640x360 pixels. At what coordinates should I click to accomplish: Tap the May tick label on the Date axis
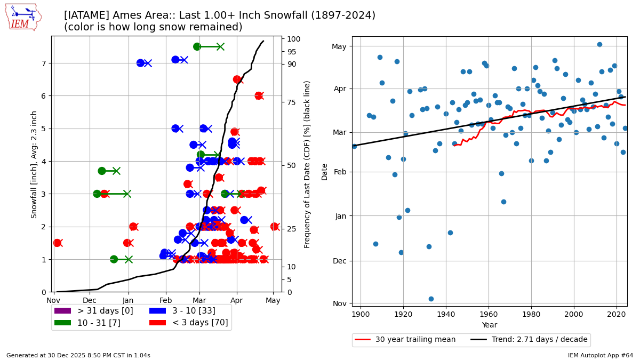339,46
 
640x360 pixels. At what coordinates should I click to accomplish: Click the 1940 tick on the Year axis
446,314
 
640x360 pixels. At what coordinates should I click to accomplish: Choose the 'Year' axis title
489,325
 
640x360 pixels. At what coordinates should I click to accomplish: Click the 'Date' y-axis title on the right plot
325,171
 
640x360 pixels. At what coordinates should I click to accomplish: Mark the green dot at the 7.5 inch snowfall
197,46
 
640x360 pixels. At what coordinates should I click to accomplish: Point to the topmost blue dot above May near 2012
599,44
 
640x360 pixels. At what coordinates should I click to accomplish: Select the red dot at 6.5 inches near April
237,79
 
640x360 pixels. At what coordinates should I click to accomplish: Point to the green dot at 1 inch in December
114,259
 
